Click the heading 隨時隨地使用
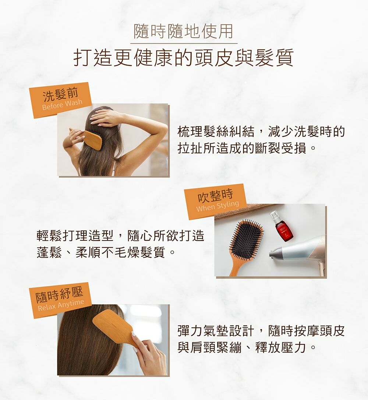(x=183, y=31)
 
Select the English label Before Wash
(x=62, y=104)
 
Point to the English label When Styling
(x=217, y=206)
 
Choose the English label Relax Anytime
(x=61, y=304)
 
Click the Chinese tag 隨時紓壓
(x=60, y=294)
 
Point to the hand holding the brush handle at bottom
(x=148, y=354)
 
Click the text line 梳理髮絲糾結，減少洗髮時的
(x=261, y=132)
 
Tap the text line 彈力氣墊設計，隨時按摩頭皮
(x=261, y=331)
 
